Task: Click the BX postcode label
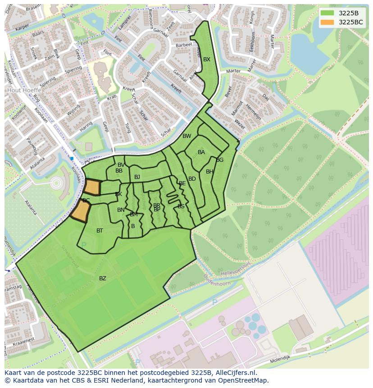coord(206,59)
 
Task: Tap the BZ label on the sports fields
coord(103,278)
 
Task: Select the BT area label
coord(100,231)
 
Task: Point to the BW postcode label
coord(186,136)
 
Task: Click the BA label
coord(201,152)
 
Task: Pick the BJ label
coord(137,177)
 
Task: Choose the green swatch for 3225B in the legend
coord(327,13)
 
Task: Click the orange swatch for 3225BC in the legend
coord(327,22)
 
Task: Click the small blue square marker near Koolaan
coord(72,159)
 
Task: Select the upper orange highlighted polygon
coord(92,187)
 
